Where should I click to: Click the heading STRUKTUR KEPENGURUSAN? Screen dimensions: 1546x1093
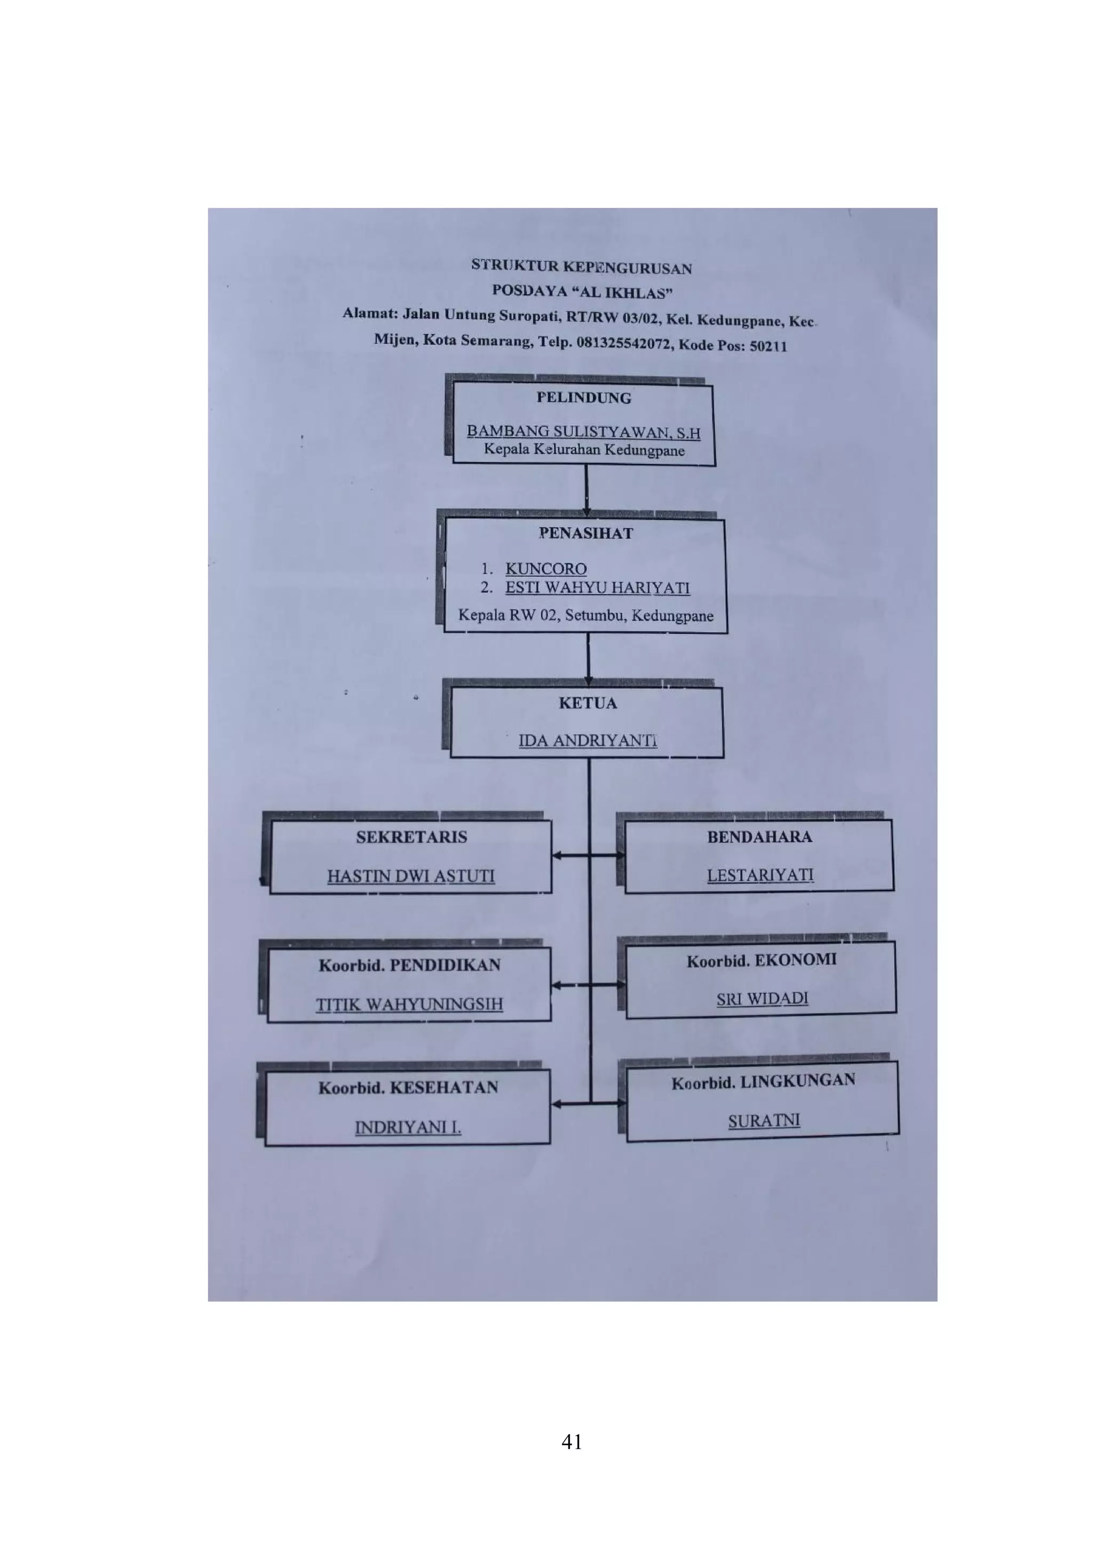coord(581,267)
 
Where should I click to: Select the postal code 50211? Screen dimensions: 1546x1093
coord(768,346)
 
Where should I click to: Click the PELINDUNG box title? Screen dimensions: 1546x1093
coord(583,398)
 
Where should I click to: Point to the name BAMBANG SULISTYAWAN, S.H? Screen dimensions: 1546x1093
coord(583,432)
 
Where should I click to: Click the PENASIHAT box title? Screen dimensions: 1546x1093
coord(585,533)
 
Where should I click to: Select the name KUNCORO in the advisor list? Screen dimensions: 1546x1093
coord(545,569)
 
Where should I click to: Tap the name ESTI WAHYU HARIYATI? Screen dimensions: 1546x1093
coord(597,588)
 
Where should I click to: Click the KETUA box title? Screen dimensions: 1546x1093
coord(587,703)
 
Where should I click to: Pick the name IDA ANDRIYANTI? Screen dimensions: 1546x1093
coord(587,740)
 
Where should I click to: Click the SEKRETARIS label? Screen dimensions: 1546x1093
coord(411,837)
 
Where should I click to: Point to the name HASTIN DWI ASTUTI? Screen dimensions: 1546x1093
coord(411,876)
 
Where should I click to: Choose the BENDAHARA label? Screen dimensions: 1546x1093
coord(759,837)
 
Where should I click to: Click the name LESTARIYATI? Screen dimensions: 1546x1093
coord(759,875)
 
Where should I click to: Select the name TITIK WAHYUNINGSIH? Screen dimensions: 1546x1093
coord(409,1004)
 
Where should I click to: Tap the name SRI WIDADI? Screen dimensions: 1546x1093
coord(762,999)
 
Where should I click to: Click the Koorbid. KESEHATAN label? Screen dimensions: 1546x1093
coord(408,1087)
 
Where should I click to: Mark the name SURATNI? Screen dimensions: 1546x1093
coord(764,1120)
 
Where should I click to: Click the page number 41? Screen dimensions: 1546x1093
coord(571,1441)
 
